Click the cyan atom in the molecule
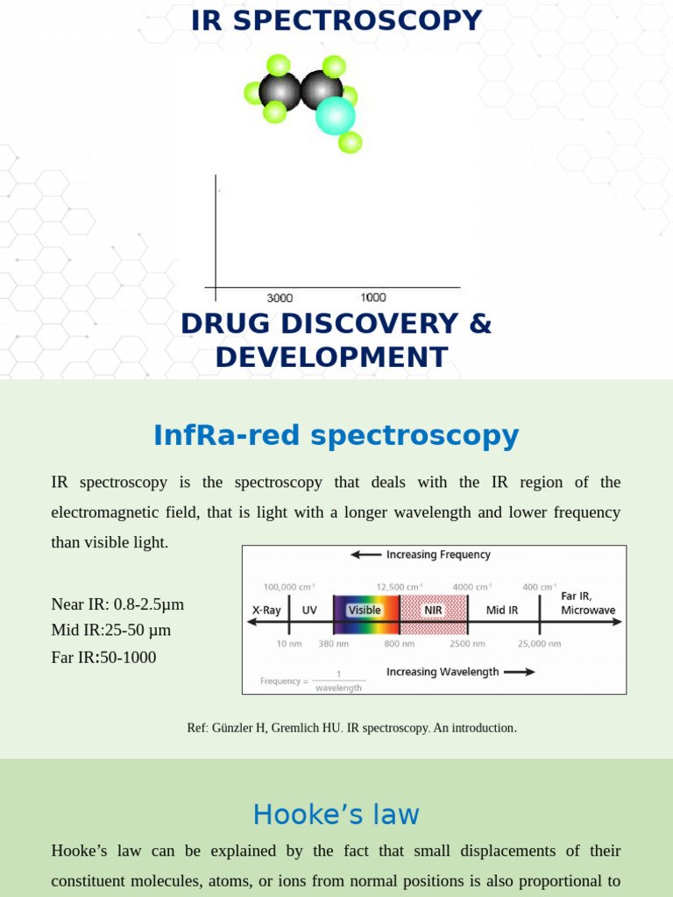click(x=336, y=116)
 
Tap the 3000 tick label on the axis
click(x=280, y=298)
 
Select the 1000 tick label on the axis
click(x=373, y=298)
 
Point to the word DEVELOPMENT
click(x=332, y=357)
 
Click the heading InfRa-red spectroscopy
click(x=336, y=435)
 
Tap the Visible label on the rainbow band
click(x=365, y=610)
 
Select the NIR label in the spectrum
click(x=433, y=610)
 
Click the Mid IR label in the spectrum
click(x=502, y=610)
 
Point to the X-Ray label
click(x=266, y=610)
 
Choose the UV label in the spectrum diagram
click(x=309, y=610)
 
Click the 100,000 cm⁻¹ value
click(x=289, y=587)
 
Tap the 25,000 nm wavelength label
click(x=539, y=644)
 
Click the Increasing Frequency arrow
click(x=365, y=554)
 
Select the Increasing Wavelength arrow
click(x=520, y=672)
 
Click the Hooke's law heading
click(x=336, y=815)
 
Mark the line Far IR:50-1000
click(x=103, y=657)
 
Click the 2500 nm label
click(x=466, y=644)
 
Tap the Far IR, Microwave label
click(x=588, y=603)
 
